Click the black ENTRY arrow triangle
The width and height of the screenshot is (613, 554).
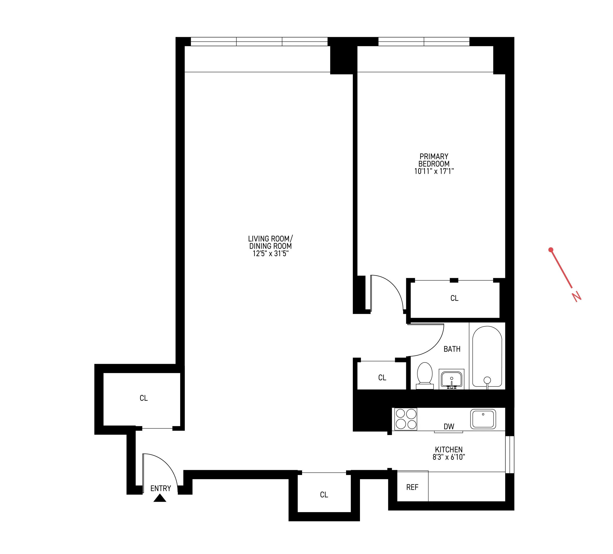point(160,498)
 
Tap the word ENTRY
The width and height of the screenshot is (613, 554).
point(161,488)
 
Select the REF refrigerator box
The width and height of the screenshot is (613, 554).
point(412,487)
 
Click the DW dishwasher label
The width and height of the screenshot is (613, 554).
point(449,427)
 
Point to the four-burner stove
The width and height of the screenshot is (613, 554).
point(406,419)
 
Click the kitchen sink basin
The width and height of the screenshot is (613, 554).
point(483,419)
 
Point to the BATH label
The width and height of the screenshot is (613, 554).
point(452,349)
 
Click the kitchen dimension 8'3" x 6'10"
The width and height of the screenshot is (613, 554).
point(449,457)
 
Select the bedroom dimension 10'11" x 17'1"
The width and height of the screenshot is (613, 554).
point(434,171)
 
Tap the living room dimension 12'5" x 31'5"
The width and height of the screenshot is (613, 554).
point(270,253)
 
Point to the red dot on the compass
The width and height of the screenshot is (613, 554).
point(551,250)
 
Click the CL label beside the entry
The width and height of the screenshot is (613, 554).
point(144,398)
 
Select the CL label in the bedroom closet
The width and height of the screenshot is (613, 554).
point(454,298)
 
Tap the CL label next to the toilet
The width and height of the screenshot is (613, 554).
point(382,378)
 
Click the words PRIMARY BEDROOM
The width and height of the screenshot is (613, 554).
point(434,160)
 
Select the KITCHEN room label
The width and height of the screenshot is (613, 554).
point(449,449)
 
